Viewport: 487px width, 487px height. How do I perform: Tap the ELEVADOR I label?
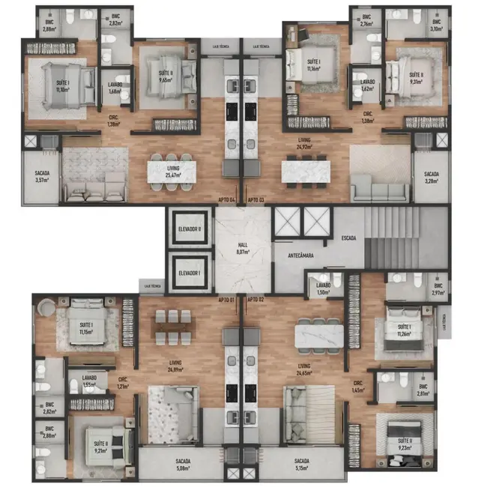190,273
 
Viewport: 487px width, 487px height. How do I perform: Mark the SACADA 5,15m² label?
302,464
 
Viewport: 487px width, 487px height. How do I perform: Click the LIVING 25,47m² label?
174,172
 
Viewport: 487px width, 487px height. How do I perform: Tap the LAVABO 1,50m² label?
323,289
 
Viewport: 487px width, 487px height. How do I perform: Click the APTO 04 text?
227,199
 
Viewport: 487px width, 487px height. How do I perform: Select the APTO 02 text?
256,300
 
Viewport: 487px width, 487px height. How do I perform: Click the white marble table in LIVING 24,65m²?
319,333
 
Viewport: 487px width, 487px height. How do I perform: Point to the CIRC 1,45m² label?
358,387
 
